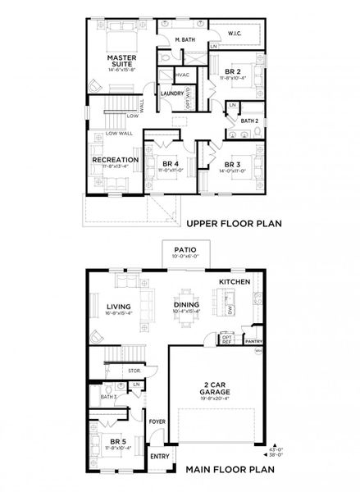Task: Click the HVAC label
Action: [182, 75]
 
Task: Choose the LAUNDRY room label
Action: [171, 93]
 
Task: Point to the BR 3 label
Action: [232, 163]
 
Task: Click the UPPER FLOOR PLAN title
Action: [233, 223]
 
